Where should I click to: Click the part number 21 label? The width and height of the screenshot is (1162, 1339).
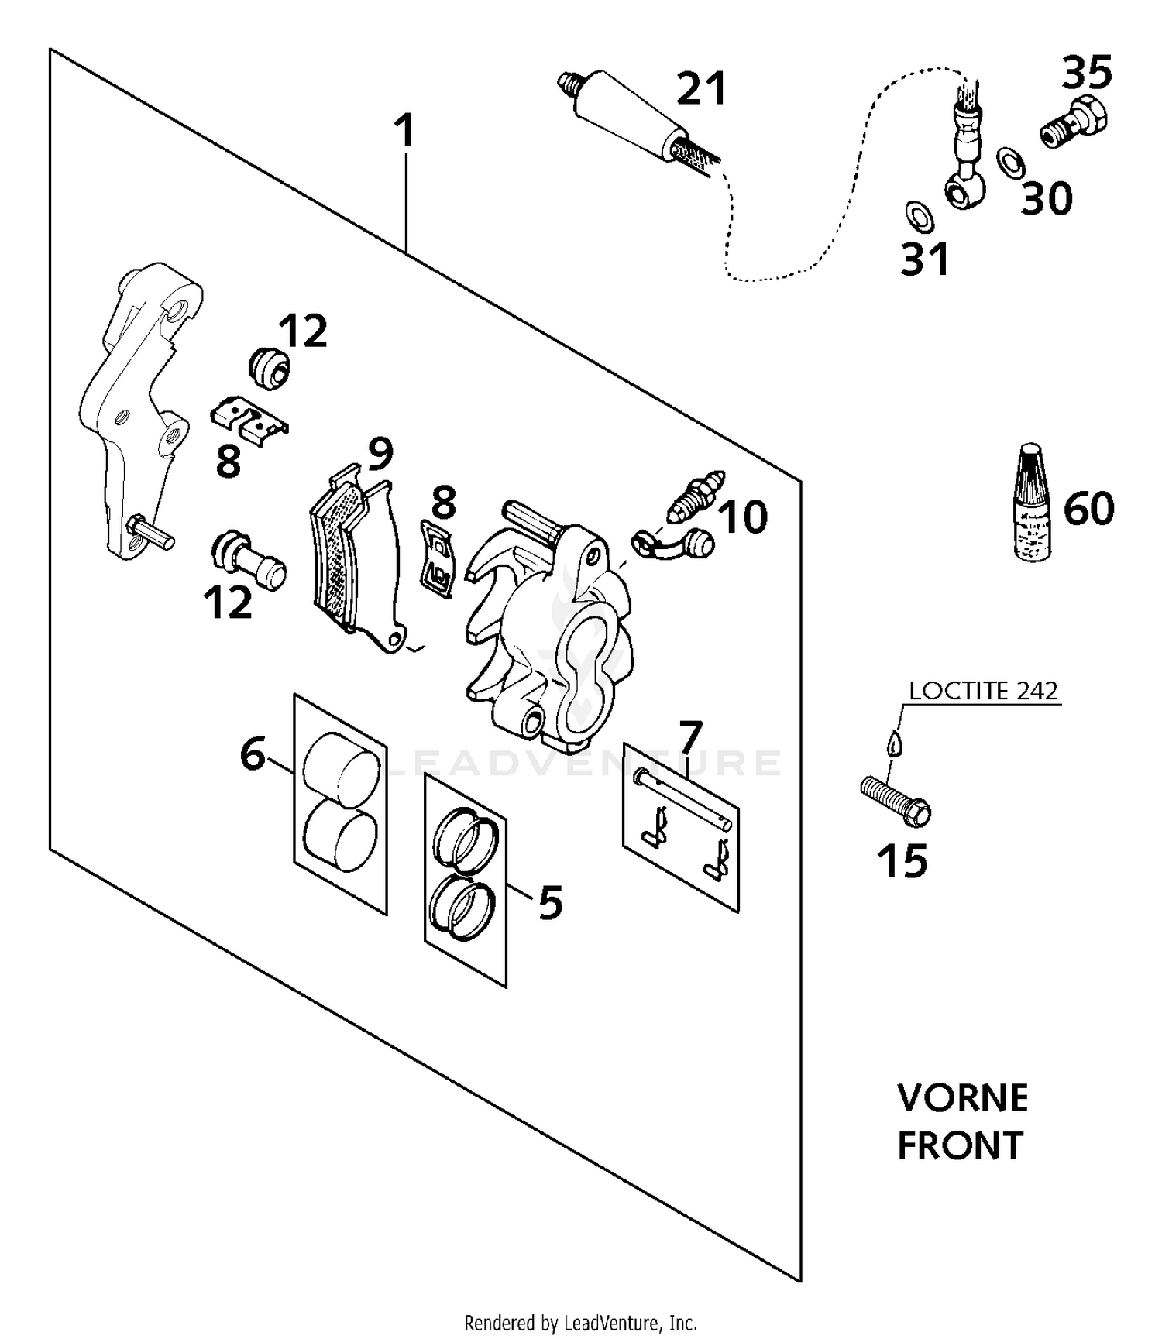(701, 88)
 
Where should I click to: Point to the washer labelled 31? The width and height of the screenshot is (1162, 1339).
(920, 216)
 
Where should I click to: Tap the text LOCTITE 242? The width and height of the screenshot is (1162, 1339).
(983, 690)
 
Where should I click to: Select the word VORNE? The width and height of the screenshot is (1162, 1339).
(963, 1098)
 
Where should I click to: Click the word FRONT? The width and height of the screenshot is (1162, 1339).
(961, 1145)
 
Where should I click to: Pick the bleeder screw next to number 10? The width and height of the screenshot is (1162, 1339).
(696, 496)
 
